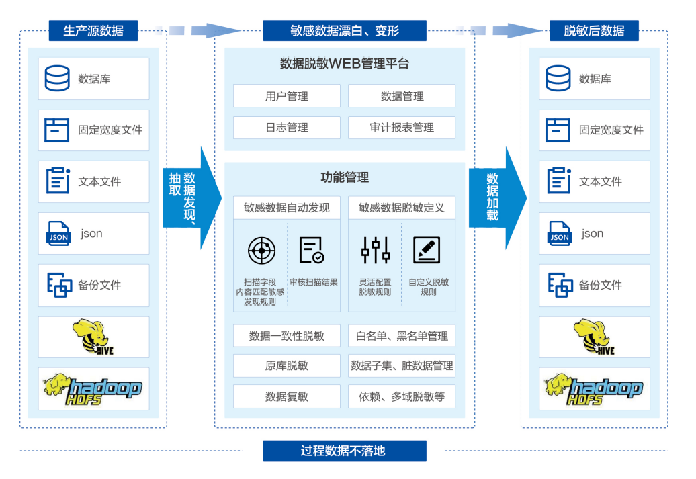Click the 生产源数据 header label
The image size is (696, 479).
coord(93,31)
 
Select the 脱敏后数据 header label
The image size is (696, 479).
coord(594,31)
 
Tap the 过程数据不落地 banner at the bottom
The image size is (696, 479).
coord(344,451)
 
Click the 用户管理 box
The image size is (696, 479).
coord(286,96)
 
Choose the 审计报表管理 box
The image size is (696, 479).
coord(401,128)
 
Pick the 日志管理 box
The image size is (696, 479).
coord(286,128)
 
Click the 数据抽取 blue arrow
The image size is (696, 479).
coord(190,198)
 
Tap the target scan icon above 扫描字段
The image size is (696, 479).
coord(261,251)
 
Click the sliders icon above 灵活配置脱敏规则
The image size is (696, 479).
coord(375,251)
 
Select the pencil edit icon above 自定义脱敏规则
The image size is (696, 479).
coord(427,251)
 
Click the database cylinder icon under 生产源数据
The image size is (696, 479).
coord(57,79)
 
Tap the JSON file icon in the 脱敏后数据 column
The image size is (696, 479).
coord(559,233)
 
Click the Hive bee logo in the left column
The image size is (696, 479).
coord(93,337)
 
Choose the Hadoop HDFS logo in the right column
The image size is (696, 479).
coord(594,388)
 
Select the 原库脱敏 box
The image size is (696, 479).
coord(286,365)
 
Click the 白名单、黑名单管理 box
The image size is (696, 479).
coord(401,335)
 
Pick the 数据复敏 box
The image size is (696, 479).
coord(286,396)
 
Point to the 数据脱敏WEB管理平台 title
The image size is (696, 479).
coord(344,64)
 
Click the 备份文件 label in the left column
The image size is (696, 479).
coord(99,285)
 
